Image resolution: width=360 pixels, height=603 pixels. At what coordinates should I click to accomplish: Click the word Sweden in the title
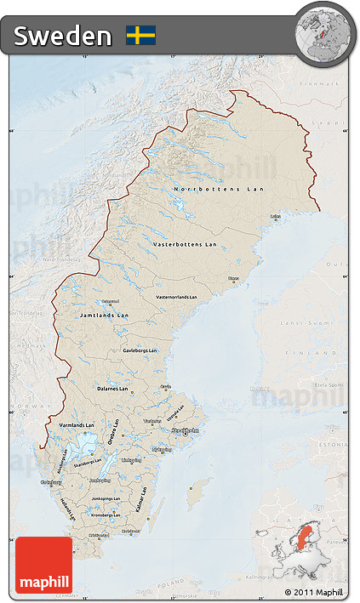[x=62, y=36]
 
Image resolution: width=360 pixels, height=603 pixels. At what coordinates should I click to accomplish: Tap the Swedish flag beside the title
[x=140, y=35]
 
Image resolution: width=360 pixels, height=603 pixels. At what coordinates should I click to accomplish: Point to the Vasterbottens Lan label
[x=185, y=244]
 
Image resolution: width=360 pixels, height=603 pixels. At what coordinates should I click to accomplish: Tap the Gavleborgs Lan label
[x=140, y=350]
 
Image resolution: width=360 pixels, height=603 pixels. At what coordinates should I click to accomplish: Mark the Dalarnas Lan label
[x=111, y=389]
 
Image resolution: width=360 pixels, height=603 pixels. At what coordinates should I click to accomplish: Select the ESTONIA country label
[x=327, y=443]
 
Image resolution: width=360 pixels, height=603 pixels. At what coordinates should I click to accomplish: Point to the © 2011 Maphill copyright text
[x=313, y=592]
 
